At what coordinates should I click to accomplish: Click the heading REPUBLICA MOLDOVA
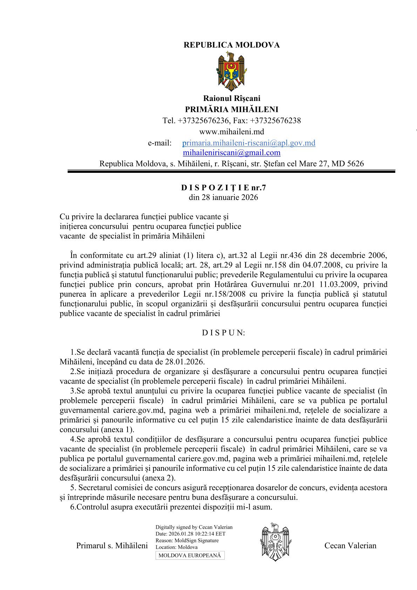click(x=231, y=45)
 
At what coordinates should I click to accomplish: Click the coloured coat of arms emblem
click(x=232, y=72)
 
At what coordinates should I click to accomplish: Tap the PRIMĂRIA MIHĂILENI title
click(x=232, y=109)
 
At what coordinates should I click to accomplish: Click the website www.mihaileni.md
click(x=232, y=132)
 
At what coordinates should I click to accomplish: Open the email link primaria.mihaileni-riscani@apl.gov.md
click(x=249, y=143)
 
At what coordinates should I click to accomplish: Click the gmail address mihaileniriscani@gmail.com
click(x=232, y=153)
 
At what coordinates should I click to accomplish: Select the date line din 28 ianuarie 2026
click(x=224, y=197)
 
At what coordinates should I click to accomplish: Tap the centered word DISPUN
click(x=224, y=333)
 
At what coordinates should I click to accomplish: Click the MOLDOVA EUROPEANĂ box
click(x=190, y=555)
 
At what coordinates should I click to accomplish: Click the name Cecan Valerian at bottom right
click(x=350, y=545)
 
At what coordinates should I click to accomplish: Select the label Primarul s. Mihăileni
click(x=112, y=546)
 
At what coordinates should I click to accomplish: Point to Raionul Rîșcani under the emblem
click(x=232, y=99)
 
